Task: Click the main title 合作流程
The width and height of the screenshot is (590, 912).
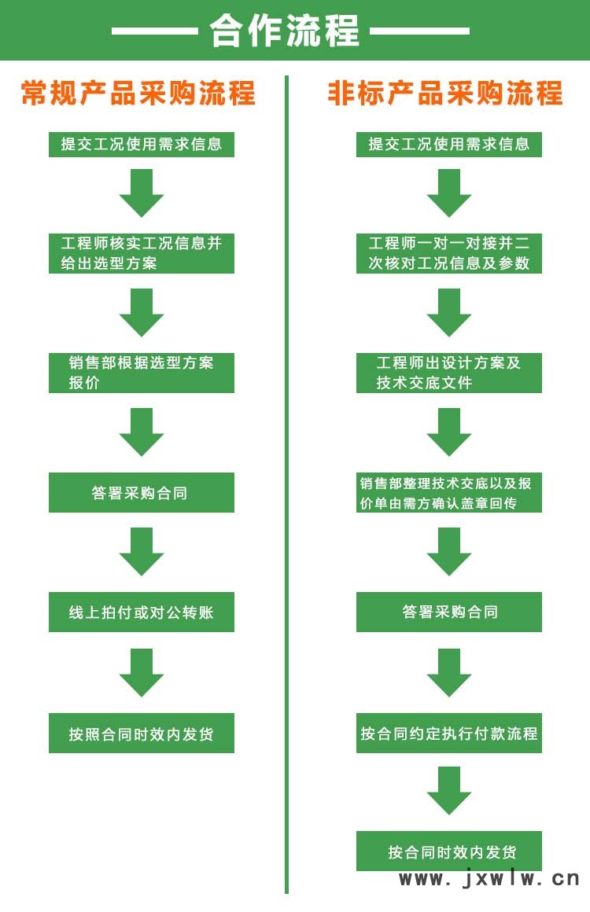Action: click(x=284, y=31)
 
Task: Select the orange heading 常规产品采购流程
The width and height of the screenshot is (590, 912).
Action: click(x=138, y=94)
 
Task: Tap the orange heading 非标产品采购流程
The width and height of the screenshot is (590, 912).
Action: click(x=445, y=94)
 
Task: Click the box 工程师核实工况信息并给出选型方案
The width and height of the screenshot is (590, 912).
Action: click(x=142, y=253)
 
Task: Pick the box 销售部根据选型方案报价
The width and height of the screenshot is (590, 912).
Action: click(x=142, y=373)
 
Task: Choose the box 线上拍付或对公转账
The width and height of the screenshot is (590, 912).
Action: click(x=142, y=612)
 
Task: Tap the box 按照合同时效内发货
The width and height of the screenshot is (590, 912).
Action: click(x=142, y=734)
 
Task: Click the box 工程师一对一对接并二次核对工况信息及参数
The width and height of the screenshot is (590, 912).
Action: click(x=449, y=253)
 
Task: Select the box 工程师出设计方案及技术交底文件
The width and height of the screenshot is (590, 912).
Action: click(x=449, y=373)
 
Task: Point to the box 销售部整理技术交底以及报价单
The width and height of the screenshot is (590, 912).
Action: click(x=449, y=493)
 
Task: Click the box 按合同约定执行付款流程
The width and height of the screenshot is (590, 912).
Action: click(x=449, y=734)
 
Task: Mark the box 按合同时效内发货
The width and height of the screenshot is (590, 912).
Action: click(x=449, y=851)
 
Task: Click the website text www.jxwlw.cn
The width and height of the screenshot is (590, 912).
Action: click(x=489, y=879)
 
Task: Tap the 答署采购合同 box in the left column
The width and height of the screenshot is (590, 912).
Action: click(x=142, y=493)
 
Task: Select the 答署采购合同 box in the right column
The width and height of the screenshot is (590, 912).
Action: click(x=449, y=612)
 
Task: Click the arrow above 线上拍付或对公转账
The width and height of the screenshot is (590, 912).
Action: click(x=142, y=551)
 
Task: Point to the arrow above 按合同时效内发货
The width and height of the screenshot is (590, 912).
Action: click(x=449, y=790)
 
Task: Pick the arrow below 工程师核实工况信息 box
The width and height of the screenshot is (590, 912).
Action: click(x=142, y=312)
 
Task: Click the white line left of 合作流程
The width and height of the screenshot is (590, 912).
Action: click(x=154, y=31)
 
